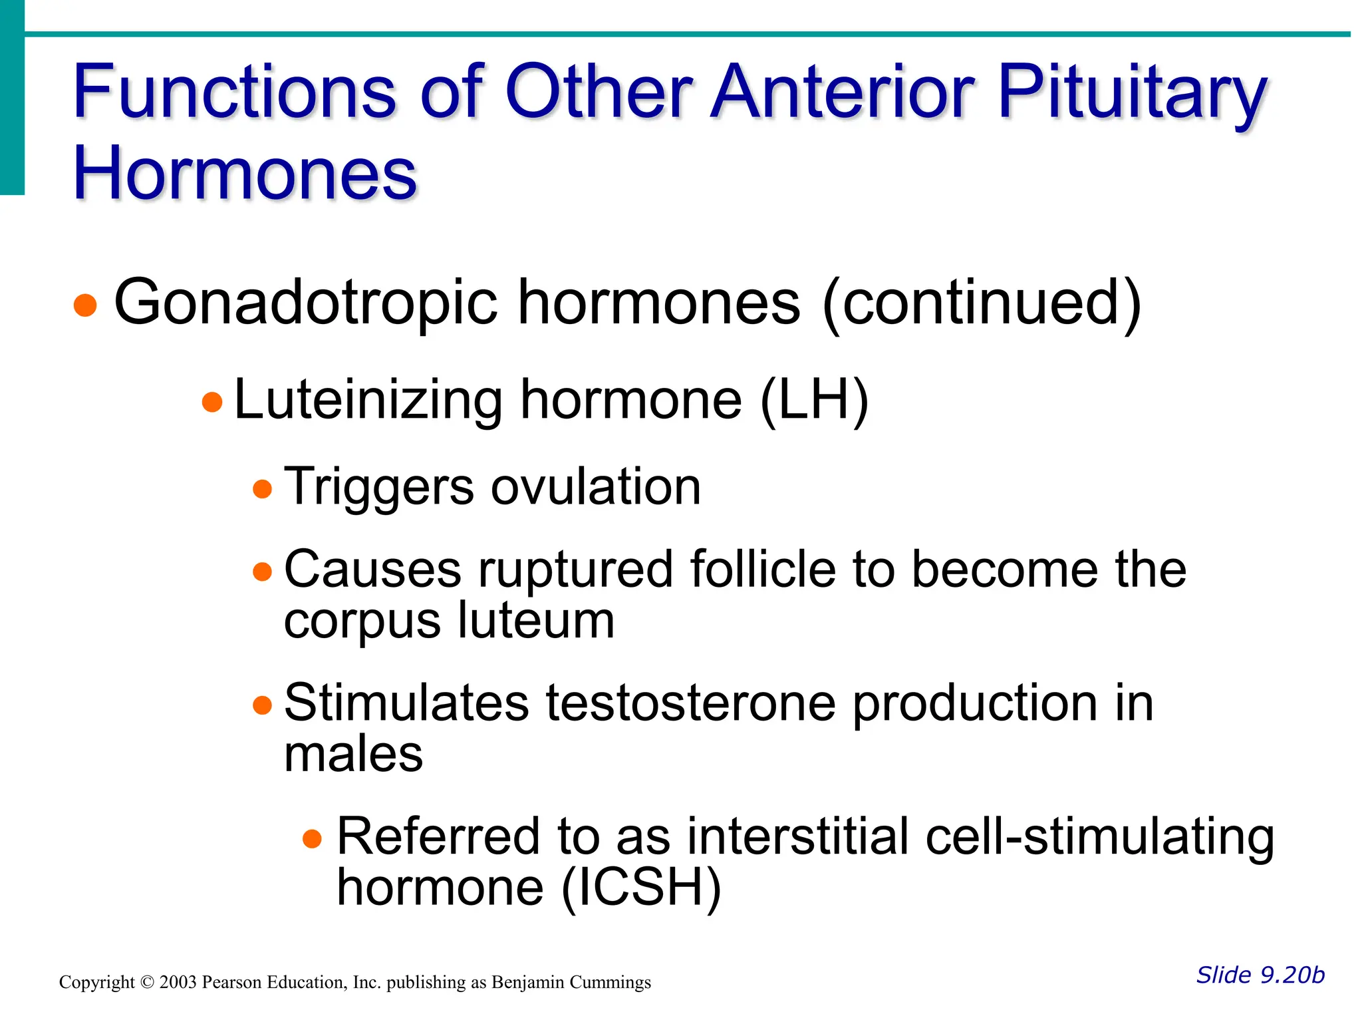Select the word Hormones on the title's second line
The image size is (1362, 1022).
(245, 174)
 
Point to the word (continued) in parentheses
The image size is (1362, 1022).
(982, 303)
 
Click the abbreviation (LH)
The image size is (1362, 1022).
(814, 401)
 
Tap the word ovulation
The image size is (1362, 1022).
(595, 487)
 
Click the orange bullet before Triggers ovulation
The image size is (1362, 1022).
(263, 489)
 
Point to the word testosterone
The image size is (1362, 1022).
(691, 704)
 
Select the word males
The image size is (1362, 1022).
(353, 755)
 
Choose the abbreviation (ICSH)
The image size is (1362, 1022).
(641, 888)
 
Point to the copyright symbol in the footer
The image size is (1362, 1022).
(147, 983)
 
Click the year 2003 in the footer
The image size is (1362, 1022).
(178, 983)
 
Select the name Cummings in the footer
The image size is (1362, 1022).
(611, 983)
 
